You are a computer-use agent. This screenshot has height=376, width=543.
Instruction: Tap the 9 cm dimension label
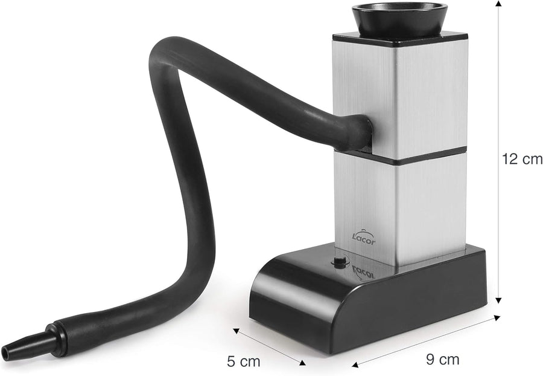[x=442, y=359]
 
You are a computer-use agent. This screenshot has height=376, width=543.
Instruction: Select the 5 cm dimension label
[x=244, y=361]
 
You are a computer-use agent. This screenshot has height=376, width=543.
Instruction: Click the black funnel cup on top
[x=398, y=20]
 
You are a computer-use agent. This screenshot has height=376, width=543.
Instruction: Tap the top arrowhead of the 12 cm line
[x=498, y=4]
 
